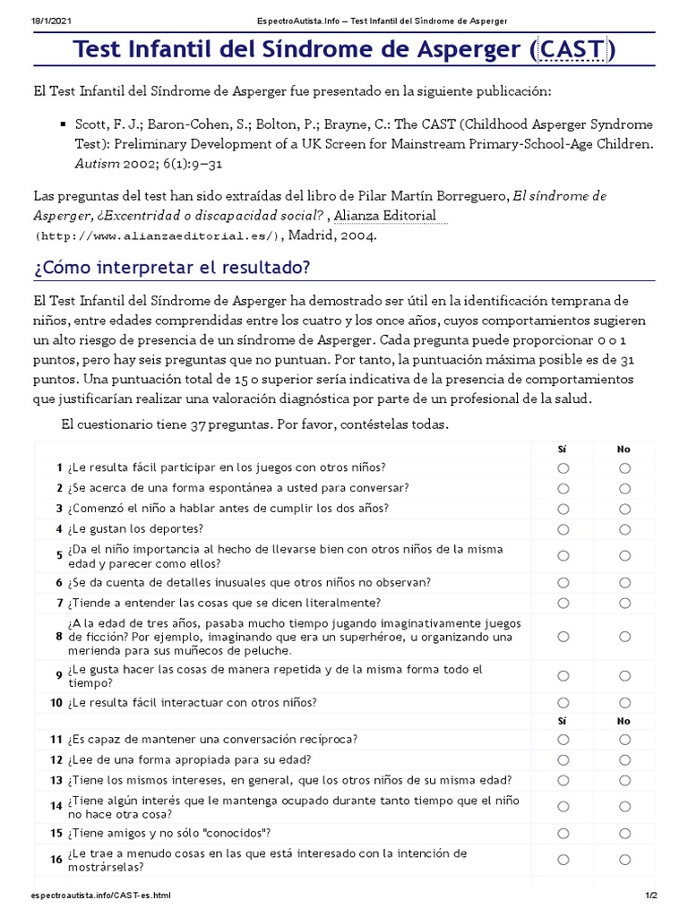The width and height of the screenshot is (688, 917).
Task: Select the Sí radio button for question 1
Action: pos(563,467)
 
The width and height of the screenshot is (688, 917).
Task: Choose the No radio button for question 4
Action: pos(624,529)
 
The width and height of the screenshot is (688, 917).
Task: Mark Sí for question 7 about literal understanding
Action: pos(563,603)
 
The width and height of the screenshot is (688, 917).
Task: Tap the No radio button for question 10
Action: pos(624,703)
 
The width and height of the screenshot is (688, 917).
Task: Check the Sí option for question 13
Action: pos(563,780)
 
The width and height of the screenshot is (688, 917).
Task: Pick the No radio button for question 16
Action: pos(624,861)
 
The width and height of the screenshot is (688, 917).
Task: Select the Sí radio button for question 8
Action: pos(563,637)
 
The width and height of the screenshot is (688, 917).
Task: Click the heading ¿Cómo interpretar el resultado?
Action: pos(172,268)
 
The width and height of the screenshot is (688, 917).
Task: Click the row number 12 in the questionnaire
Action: pos(56,759)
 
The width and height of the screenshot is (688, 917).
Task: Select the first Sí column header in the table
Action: pos(563,449)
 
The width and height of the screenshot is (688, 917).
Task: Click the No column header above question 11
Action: pos(624,720)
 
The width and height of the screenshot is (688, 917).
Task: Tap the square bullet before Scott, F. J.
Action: pos(62,124)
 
